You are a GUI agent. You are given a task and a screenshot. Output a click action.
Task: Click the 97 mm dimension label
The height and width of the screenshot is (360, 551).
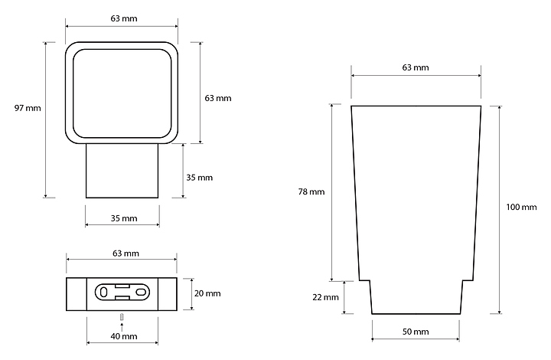point(28,108)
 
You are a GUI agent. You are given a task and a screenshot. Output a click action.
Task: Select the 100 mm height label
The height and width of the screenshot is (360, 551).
point(521,207)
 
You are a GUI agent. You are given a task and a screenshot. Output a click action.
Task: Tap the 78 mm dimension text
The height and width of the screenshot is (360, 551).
point(311,191)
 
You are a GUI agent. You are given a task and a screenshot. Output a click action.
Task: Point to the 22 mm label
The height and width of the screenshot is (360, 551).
point(326,297)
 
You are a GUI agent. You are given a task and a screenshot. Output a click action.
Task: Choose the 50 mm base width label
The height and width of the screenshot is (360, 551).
point(416,332)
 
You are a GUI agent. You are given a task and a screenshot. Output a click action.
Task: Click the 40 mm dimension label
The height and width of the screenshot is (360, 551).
point(124,336)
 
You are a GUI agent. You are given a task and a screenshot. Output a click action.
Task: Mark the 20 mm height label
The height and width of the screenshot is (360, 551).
point(207,293)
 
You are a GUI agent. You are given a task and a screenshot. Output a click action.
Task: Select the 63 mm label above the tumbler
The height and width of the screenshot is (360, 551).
point(416,67)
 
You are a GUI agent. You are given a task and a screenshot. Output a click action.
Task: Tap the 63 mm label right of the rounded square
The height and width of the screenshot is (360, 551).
point(218,98)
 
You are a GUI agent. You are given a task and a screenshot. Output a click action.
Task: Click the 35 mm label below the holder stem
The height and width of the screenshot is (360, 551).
point(124,218)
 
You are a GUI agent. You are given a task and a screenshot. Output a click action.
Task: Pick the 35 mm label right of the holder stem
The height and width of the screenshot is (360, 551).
point(200,177)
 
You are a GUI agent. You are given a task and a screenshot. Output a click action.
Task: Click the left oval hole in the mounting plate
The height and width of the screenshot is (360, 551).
point(103,293)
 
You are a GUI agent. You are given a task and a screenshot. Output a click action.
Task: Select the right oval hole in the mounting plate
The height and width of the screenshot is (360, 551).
point(140,292)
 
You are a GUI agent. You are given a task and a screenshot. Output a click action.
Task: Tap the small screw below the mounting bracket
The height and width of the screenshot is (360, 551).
point(122,317)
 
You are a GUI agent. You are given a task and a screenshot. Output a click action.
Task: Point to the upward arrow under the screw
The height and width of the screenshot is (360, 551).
point(122,327)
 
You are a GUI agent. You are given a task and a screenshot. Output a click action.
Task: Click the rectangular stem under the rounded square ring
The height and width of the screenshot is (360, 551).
point(122,171)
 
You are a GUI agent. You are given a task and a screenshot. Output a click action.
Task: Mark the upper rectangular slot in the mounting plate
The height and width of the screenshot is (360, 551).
point(122,286)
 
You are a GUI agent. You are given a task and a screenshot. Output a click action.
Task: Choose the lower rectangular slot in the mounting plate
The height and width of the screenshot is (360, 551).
point(122,298)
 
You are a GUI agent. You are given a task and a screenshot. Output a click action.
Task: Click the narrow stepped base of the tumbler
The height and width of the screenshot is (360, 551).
point(416,297)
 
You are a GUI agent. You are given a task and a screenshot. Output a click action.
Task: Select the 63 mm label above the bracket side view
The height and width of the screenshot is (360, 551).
point(126,253)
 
